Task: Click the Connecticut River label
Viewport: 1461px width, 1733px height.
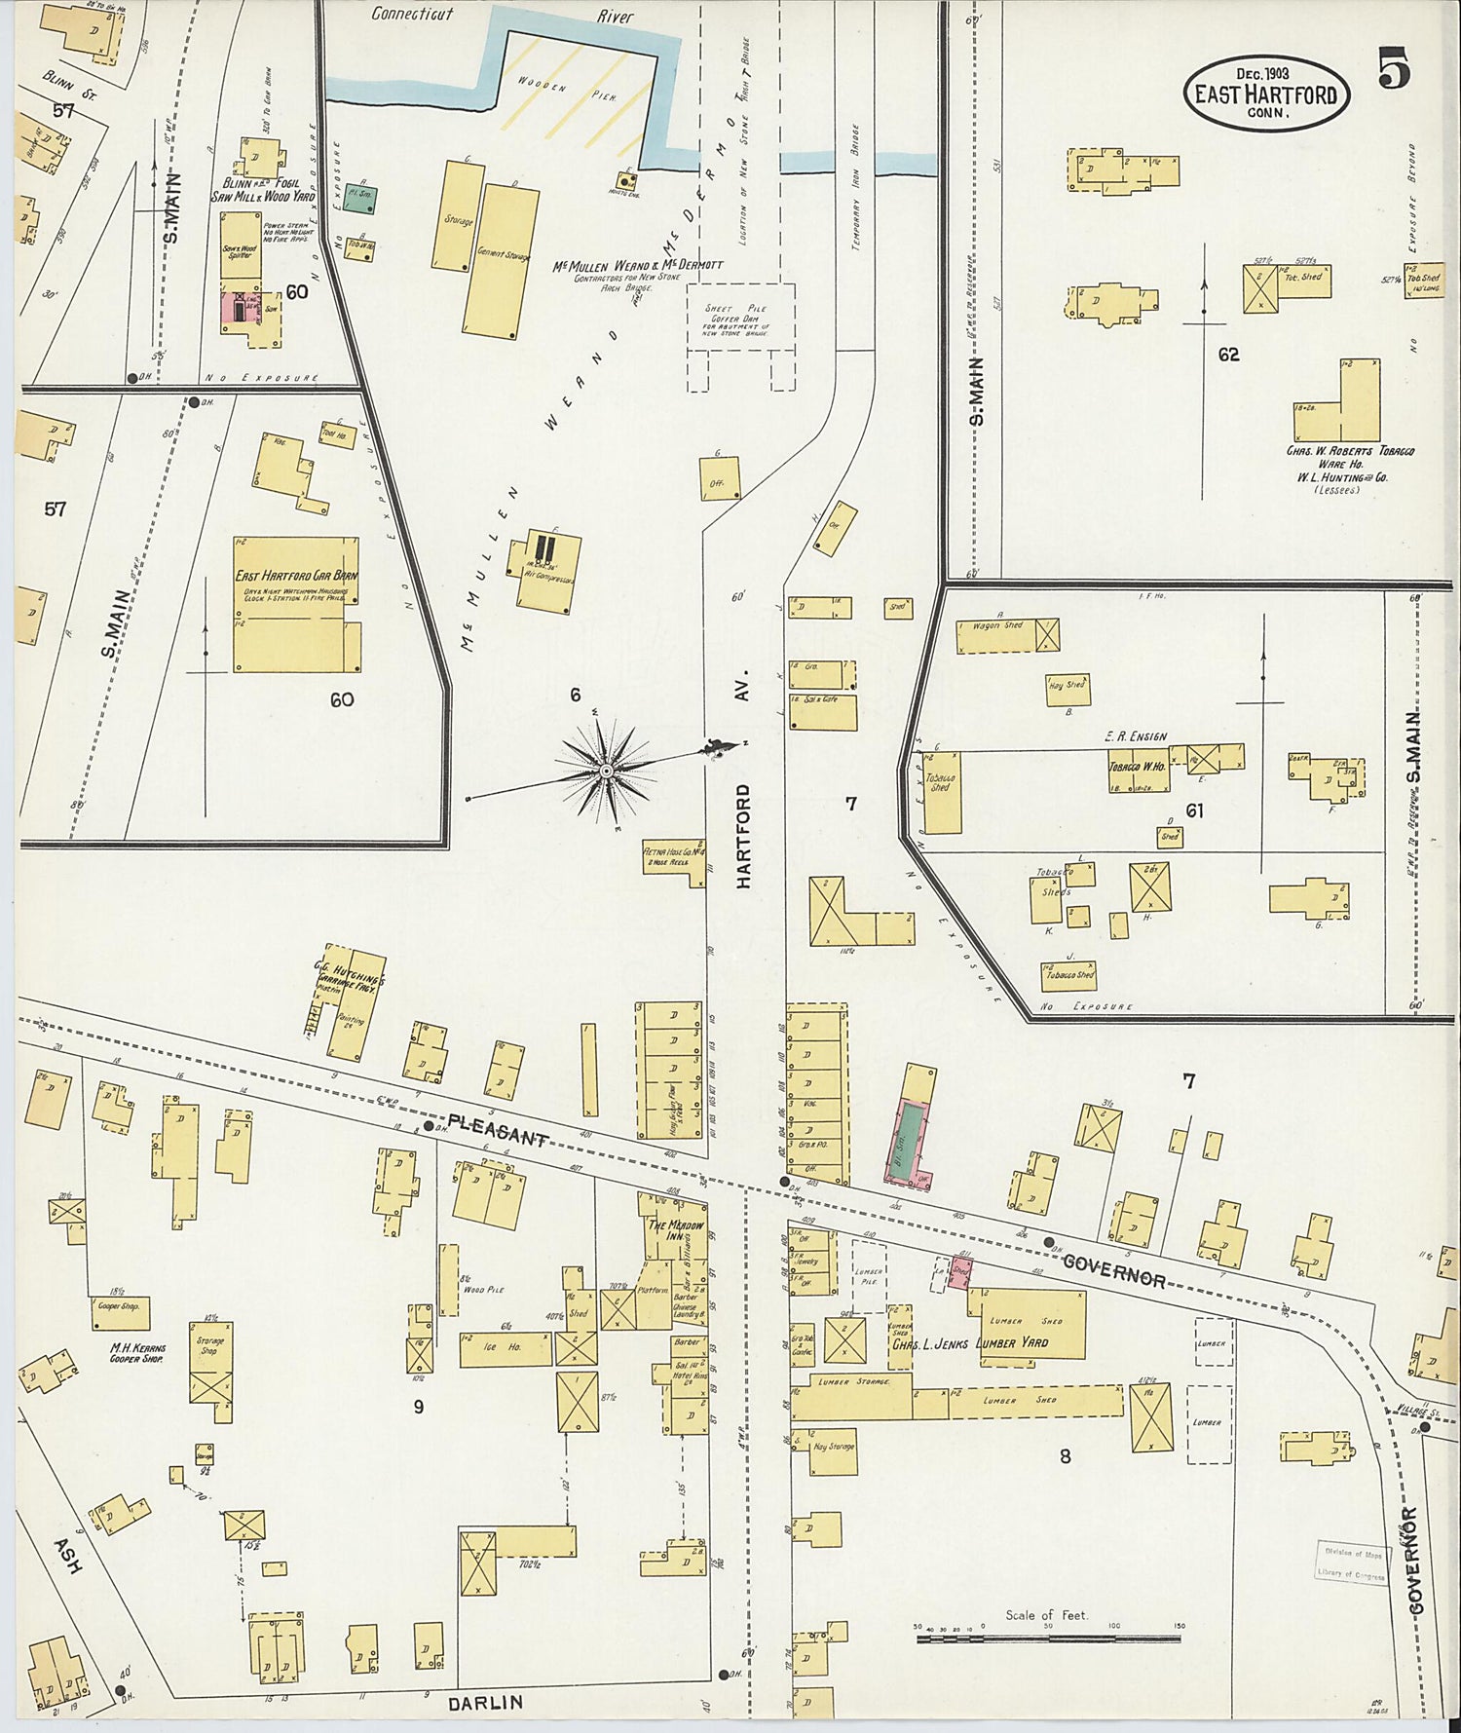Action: (x=412, y=15)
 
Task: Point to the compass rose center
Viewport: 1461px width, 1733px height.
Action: (x=606, y=771)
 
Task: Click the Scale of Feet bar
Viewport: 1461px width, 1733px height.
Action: (x=1048, y=1639)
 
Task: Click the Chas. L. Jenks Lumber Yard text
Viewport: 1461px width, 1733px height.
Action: (x=969, y=1342)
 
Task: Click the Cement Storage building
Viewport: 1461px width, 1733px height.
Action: (x=502, y=261)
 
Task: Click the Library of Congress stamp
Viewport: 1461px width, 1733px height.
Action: (x=1353, y=1563)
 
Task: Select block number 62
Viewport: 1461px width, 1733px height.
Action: (x=1228, y=355)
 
